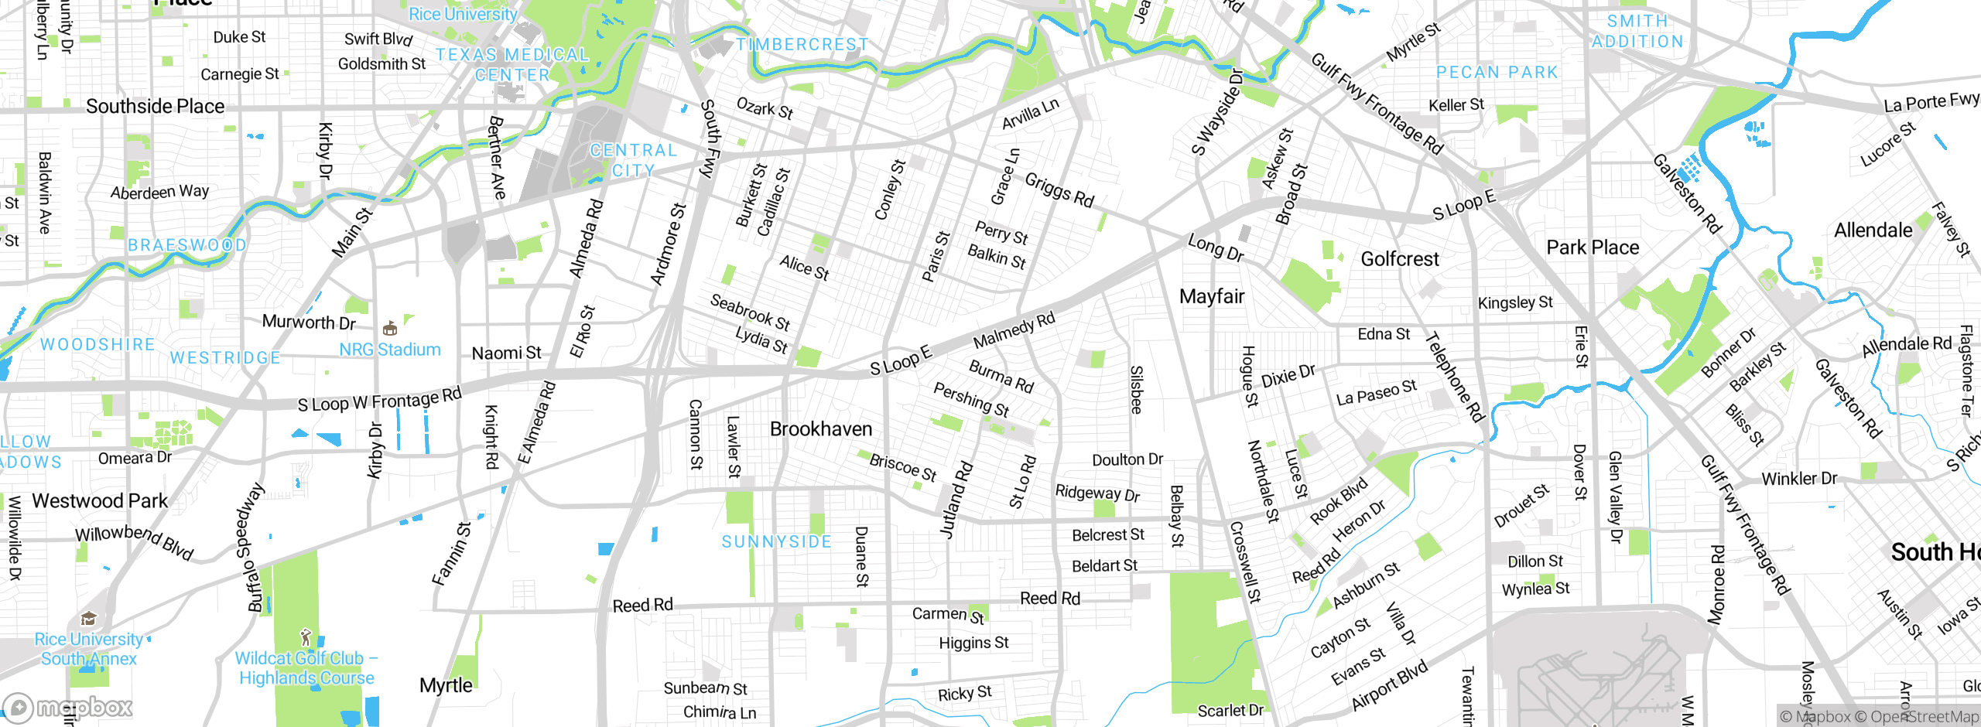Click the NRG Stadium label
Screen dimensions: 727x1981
(x=390, y=350)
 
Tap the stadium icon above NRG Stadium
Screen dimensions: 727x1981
(x=390, y=328)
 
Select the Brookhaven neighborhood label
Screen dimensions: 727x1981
(x=821, y=429)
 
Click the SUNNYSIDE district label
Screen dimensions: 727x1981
(x=777, y=541)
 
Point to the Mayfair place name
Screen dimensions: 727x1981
(x=1212, y=296)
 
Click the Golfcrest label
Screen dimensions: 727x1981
(x=1400, y=259)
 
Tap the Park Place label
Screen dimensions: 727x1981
(x=1593, y=247)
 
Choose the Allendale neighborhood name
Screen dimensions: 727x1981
(x=1873, y=230)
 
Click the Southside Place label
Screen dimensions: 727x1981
(x=155, y=106)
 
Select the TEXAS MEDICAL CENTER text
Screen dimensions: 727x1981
(x=512, y=64)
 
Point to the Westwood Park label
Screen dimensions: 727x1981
(x=100, y=501)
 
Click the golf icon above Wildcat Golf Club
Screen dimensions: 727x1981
(x=306, y=637)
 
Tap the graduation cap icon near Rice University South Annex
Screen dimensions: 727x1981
(x=88, y=618)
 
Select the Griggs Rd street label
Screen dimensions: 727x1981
(x=1059, y=190)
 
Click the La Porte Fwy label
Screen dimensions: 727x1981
(x=1931, y=101)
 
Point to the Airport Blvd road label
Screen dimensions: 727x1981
(x=1389, y=686)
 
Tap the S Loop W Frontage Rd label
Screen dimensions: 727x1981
(x=379, y=400)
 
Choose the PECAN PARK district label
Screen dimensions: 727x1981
(x=1497, y=73)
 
